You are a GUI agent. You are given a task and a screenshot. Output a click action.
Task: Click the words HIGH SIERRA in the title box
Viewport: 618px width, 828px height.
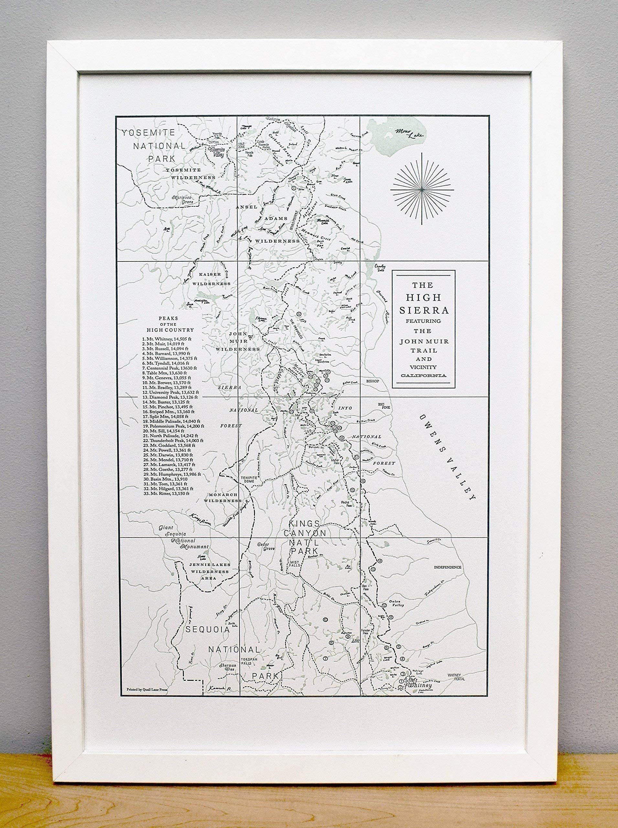click(423, 303)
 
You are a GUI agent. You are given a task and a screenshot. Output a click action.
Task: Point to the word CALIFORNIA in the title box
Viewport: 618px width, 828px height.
click(423, 375)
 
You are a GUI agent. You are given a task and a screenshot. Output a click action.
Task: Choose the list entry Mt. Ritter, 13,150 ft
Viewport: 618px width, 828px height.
click(165, 494)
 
